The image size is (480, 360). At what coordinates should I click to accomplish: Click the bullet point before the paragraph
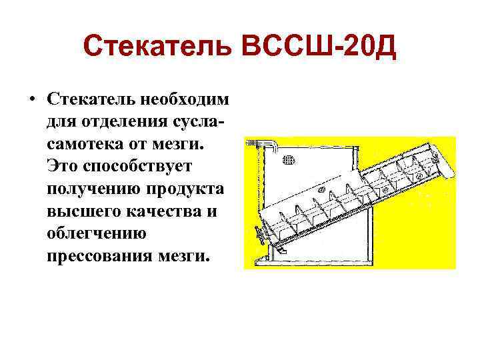pos(31,99)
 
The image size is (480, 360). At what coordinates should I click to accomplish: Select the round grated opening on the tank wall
pos(289,159)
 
